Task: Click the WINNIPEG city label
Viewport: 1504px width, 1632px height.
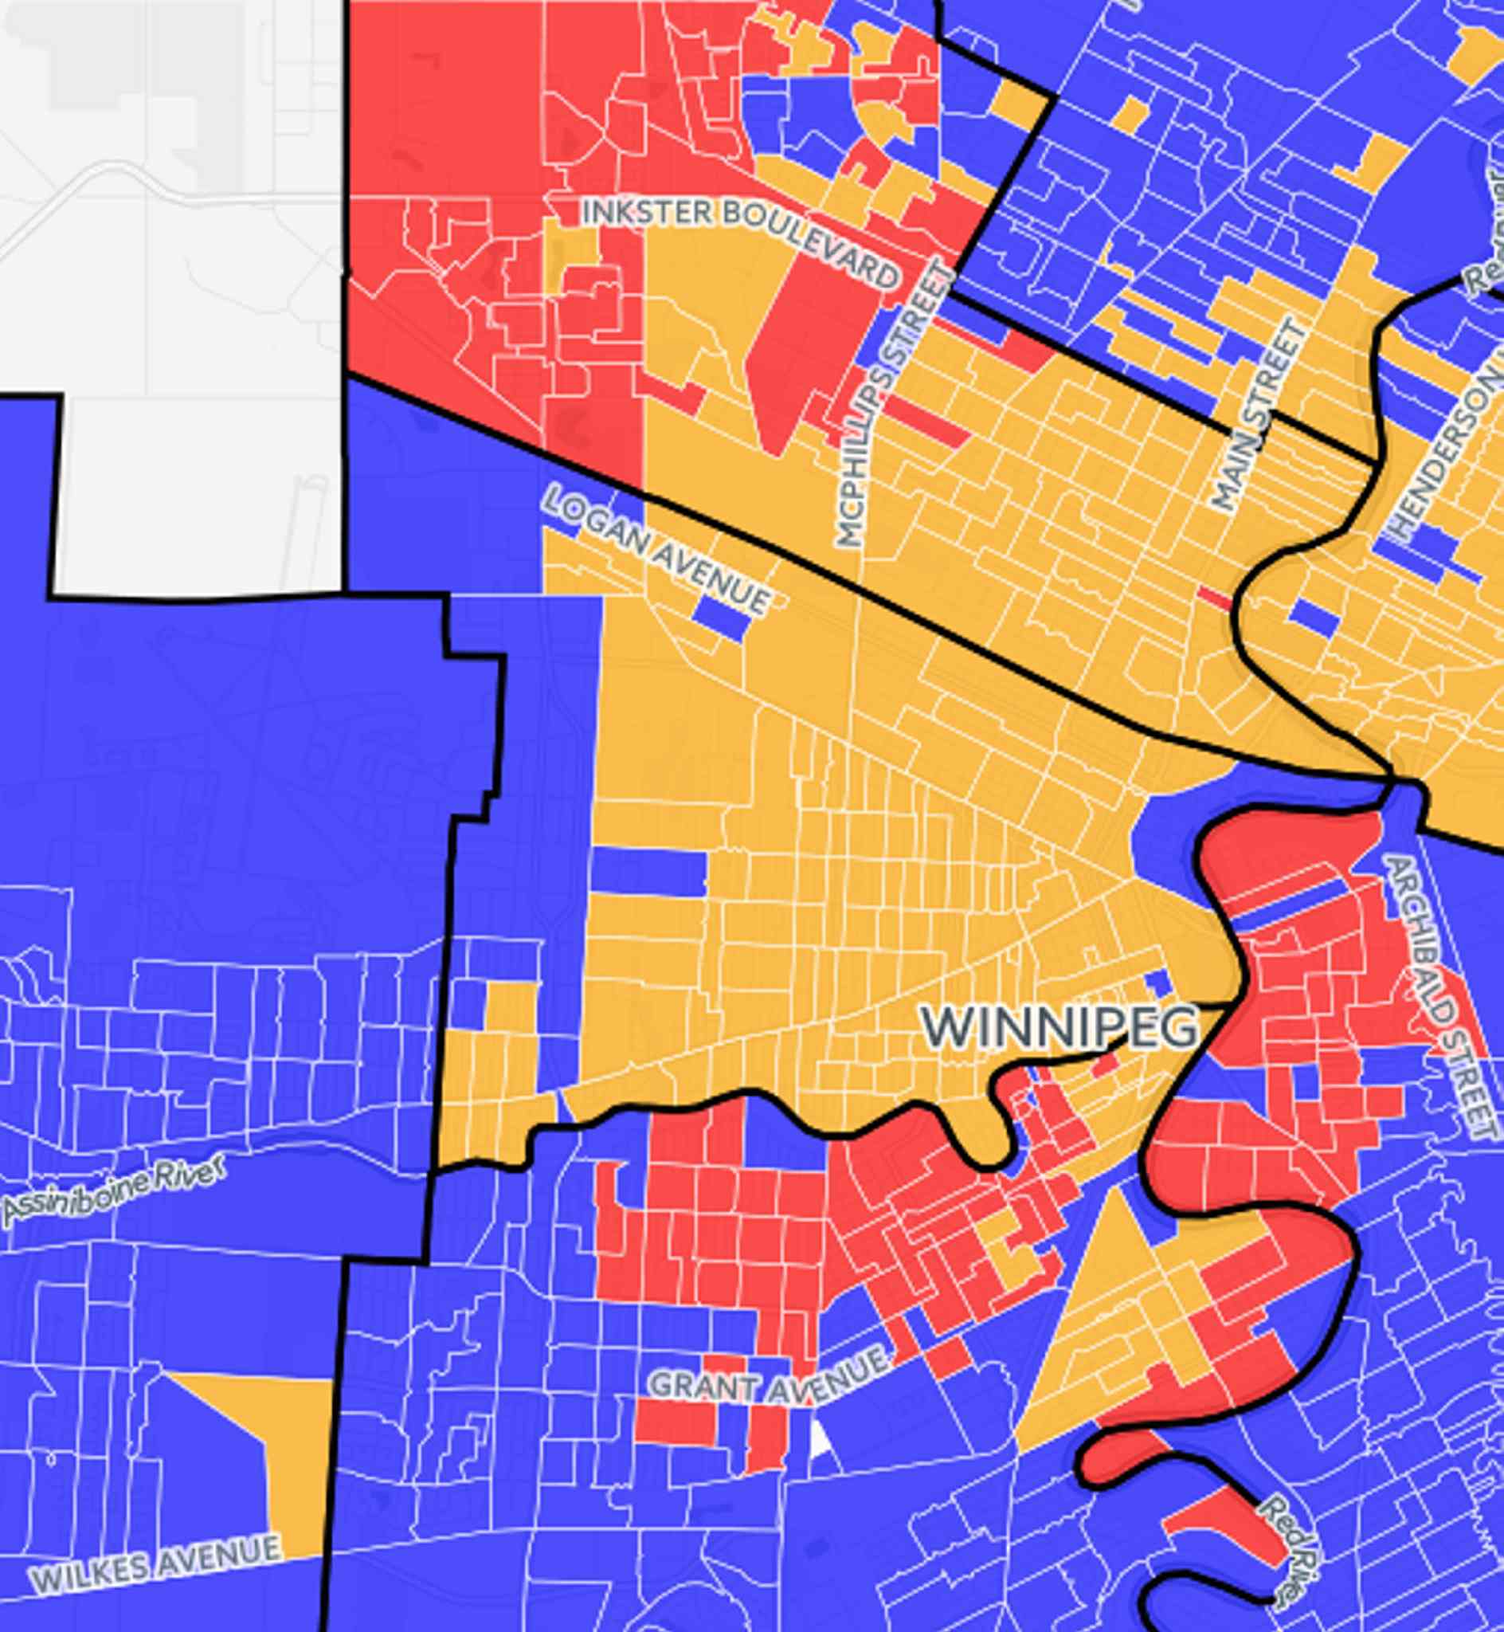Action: point(1059,1028)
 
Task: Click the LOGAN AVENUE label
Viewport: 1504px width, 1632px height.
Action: point(656,548)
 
